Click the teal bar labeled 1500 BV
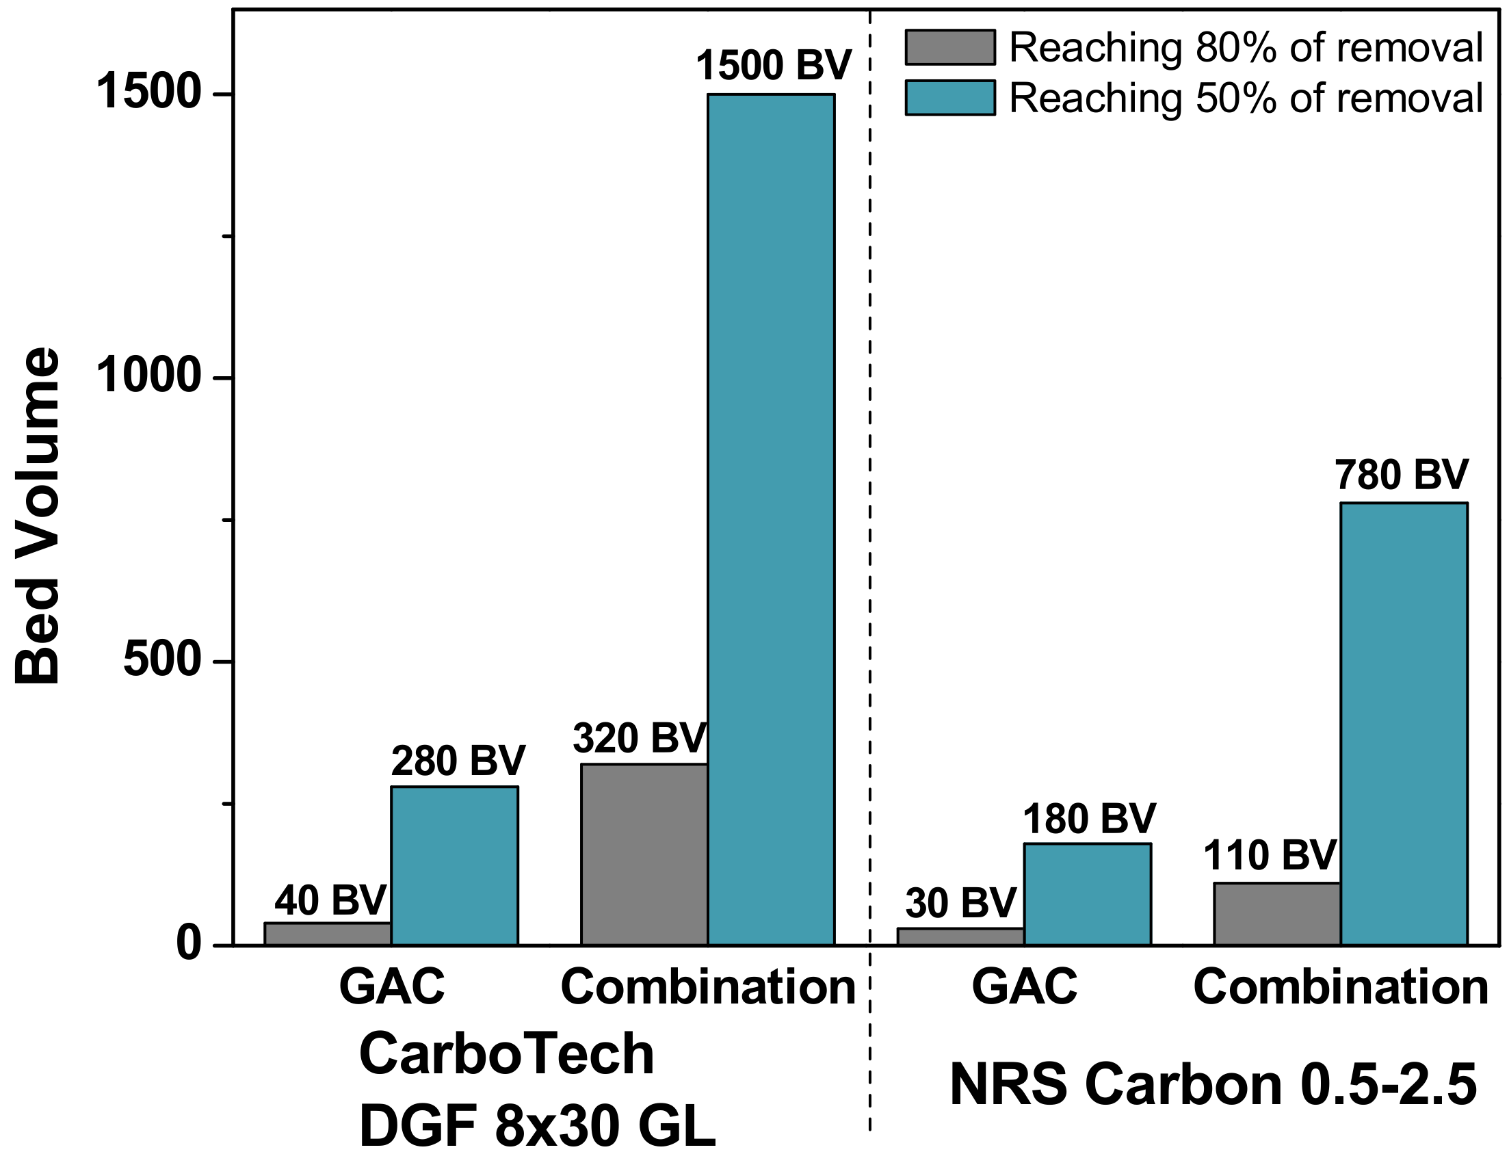click(x=770, y=519)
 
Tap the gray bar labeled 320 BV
click(x=644, y=854)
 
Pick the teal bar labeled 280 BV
click(x=454, y=865)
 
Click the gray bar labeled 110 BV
click(x=1277, y=913)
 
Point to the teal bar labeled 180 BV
click(x=1087, y=893)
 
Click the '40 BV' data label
click(x=330, y=900)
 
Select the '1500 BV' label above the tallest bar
click(x=773, y=65)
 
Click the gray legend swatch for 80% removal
click(x=950, y=48)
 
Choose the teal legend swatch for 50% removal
click(x=950, y=97)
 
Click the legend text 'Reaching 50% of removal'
click(x=1246, y=97)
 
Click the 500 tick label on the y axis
click(x=161, y=661)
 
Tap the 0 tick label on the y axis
click(x=189, y=944)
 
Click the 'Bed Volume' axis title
click(x=38, y=516)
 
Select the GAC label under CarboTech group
click(x=391, y=986)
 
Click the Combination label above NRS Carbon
click(x=1341, y=986)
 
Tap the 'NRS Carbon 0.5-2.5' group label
click(x=1213, y=1085)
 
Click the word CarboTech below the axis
click(x=506, y=1053)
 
